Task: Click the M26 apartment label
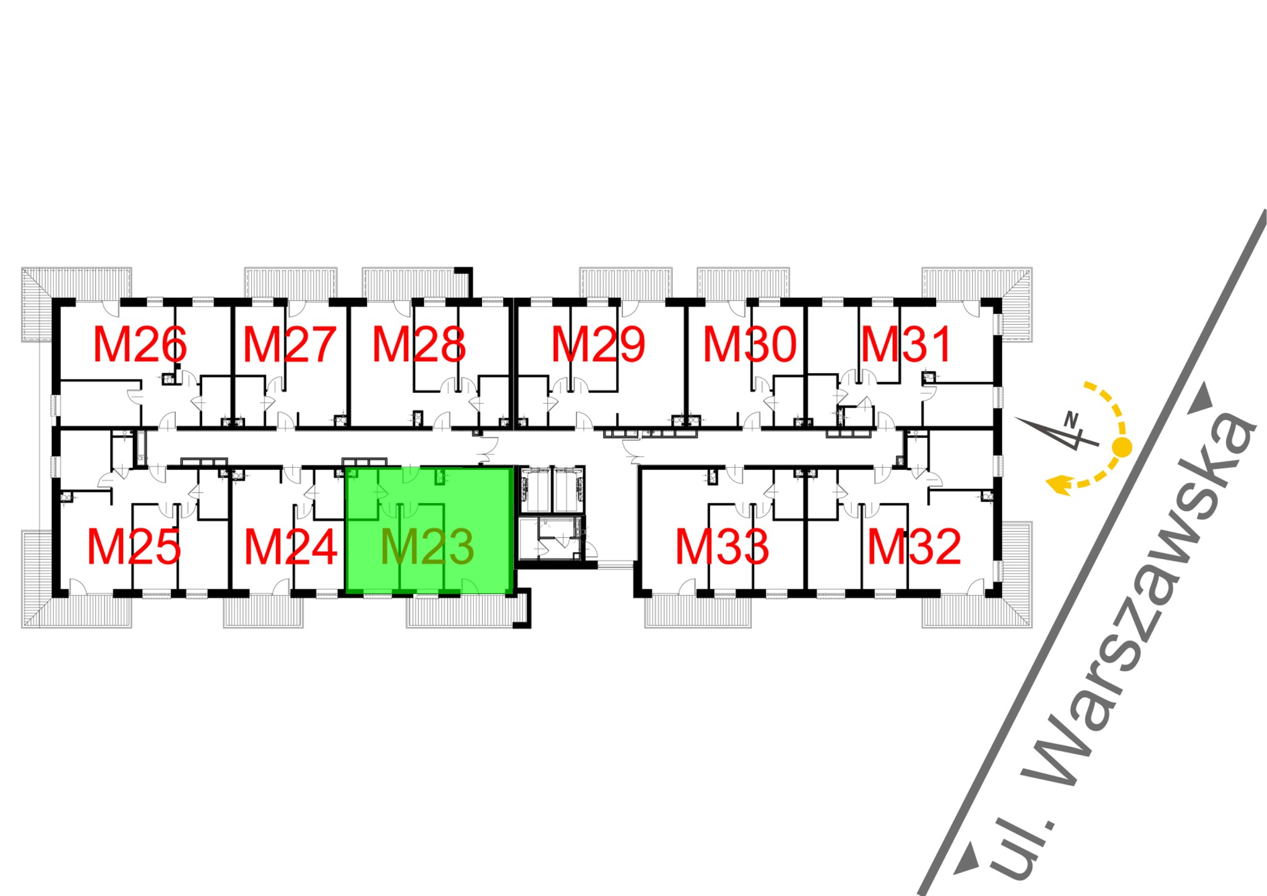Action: (x=140, y=345)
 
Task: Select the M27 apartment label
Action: (x=289, y=345)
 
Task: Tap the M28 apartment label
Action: (x=419, y=345)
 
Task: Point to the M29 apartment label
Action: (x=598, y=345)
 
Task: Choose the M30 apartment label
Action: (x=750, y=345)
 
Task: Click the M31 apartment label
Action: (x=906, y=345)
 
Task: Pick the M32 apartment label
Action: (x=914, y=547)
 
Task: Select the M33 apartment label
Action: (x=722, y=547)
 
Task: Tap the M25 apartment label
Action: (x=134, y=547)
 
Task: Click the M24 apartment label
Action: (x=291, y=547)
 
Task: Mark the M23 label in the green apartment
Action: (x=427, y=547)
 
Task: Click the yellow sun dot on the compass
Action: (x=1122, y=446)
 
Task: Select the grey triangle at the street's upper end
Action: (x=1201, y=397)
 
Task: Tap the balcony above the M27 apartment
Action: (x=291, y=283)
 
